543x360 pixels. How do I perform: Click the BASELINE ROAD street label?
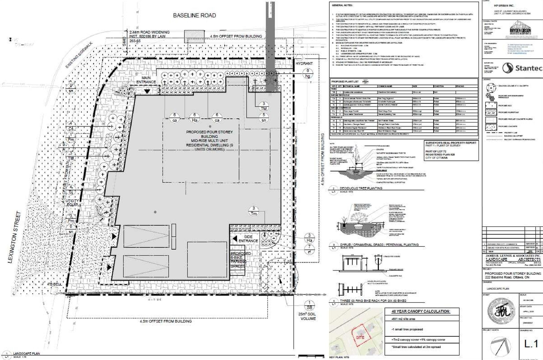(x=194, y=16)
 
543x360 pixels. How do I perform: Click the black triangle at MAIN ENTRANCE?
(x=147, y=91)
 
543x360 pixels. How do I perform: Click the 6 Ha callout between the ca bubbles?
(x=195, y=117)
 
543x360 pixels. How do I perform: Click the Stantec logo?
(x=522, y=68)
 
